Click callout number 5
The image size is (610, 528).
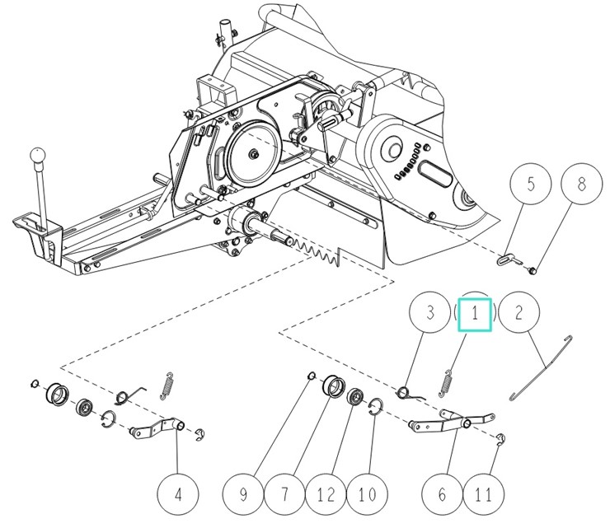pos(531,185)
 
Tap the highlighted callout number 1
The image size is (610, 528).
pos(475,314)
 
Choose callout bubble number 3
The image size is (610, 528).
pos(429,314)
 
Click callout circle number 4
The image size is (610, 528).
pos(178,495)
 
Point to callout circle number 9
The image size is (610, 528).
pos(244,495)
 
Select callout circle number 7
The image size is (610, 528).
pos(284,495)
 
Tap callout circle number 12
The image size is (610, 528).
pos(325,495)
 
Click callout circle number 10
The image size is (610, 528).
pos(366,495)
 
